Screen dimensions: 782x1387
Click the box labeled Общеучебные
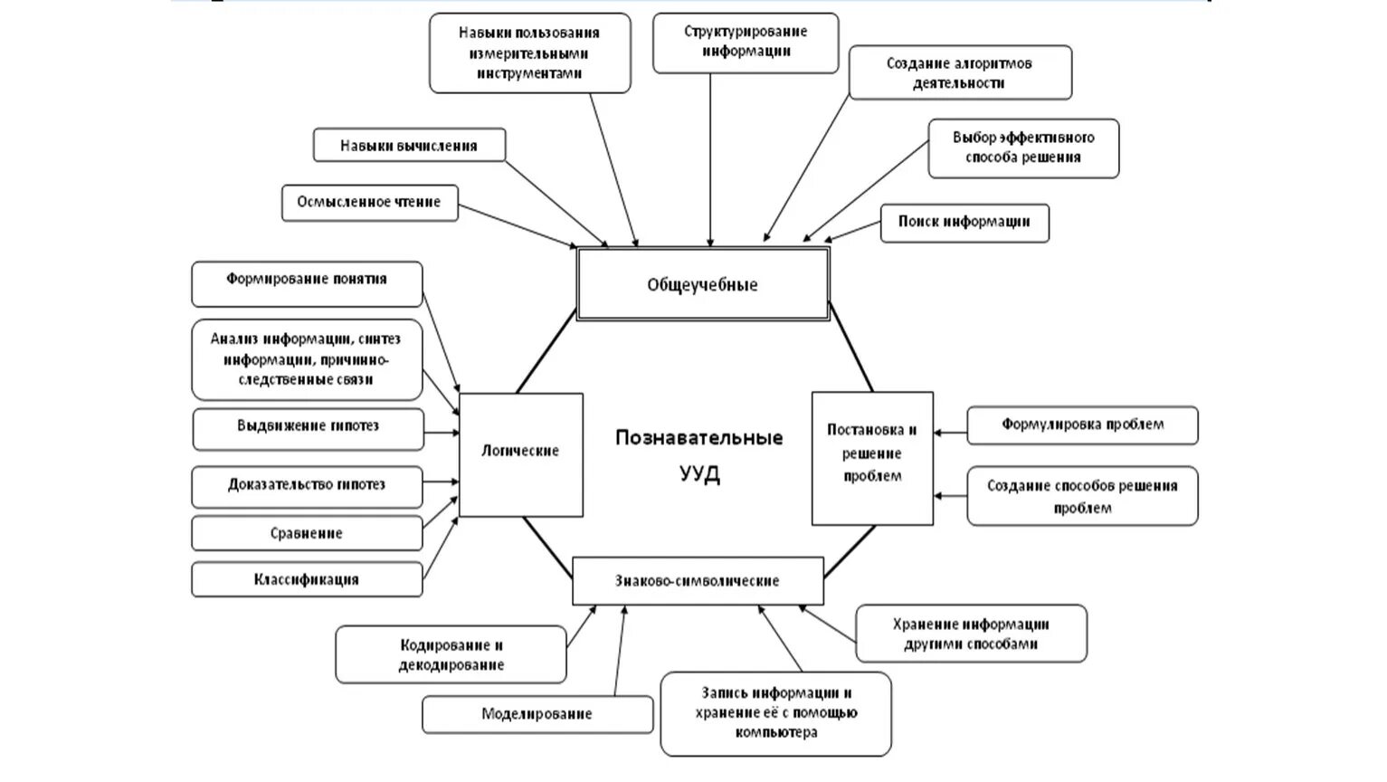703,284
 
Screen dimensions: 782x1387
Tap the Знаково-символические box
698,581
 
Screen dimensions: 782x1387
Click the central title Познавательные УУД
699,455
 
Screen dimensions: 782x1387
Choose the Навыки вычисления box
409,146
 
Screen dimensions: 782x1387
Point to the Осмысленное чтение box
369,203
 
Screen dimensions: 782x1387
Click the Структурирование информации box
746,43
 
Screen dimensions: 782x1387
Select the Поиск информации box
964,223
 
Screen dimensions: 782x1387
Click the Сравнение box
307,534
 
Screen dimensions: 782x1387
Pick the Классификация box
307,579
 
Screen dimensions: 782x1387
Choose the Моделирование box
537,714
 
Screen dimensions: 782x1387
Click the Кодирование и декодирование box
451,655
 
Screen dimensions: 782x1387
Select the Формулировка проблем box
1082,425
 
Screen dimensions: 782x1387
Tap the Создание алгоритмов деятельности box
960,72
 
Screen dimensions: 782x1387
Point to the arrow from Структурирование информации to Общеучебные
710,163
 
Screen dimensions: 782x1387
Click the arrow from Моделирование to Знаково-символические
619,652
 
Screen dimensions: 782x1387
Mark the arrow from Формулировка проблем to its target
950,433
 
